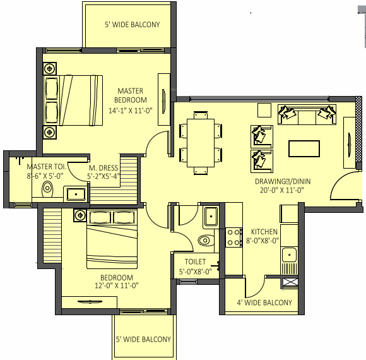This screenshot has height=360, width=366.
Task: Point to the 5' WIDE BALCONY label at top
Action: click(132, 25)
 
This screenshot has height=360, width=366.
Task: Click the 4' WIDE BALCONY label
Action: click(264, 303)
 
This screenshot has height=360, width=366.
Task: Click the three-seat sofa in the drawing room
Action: click(307, 115)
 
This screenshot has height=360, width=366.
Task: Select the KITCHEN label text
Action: click(264, 232)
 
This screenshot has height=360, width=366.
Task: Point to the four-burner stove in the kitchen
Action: click(234, 237)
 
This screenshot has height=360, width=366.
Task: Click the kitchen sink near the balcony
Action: click(290, 256)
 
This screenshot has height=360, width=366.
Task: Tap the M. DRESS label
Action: click(101, 168)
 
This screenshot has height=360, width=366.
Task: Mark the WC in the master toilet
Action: click(47, 189)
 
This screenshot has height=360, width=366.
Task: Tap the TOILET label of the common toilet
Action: click(196, 261)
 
